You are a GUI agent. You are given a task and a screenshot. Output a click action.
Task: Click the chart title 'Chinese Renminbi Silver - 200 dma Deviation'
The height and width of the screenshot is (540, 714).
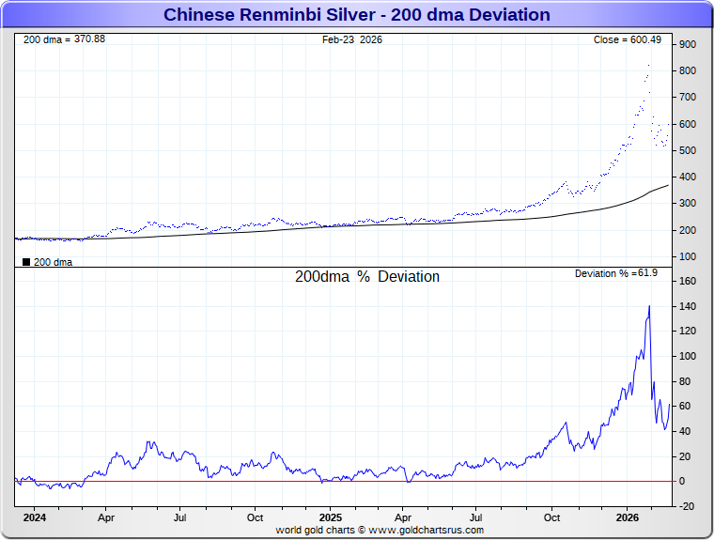(x=357, y=15)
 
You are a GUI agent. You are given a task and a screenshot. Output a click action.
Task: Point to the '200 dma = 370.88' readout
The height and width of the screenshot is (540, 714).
(x=64, y=39)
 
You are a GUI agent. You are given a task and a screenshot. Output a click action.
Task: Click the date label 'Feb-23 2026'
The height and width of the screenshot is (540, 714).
(x=352, y=39)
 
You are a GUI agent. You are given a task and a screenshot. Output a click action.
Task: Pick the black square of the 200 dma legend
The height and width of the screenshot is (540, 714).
(x=26, y=262)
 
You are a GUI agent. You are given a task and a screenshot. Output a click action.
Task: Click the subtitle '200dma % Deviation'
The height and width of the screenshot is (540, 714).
(x=367, y=277)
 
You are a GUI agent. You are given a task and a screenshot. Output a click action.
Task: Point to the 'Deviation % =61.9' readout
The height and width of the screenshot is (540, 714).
(x=616, y=273)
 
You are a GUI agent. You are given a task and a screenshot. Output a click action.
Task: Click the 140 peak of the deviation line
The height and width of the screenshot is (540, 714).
(x=649, y=306)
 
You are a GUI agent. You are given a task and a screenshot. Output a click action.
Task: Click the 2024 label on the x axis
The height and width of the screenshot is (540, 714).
(x=34, y=517)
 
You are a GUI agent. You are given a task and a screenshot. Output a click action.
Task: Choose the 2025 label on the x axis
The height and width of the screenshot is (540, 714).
(x=330, y=517)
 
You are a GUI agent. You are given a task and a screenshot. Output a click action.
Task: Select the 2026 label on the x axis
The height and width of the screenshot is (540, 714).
(x=627, y=517)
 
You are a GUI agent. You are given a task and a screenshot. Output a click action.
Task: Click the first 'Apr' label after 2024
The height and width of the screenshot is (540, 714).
(x=106, y=517)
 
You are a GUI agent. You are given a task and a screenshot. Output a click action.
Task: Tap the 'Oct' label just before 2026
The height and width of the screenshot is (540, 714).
(x=552, y=517)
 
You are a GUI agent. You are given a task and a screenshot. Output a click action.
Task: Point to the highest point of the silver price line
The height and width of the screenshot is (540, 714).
(x=648, y=65)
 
